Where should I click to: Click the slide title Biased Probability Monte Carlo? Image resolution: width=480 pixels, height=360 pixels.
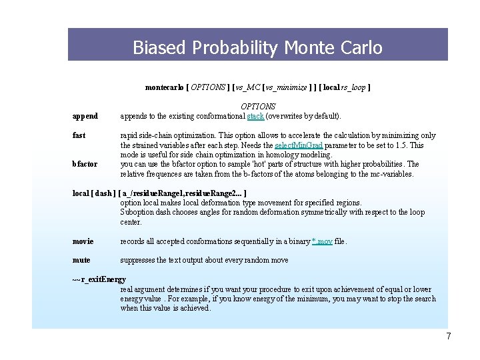(257, 48)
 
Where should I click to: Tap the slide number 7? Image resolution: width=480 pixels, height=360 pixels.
(449, 337)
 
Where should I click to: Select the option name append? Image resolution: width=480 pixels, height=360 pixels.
(85, 116)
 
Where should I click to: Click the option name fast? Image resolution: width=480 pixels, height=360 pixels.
(79, 135)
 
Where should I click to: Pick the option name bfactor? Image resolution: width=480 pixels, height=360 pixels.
(85, 164)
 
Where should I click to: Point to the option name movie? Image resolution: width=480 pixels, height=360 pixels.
(83, 241)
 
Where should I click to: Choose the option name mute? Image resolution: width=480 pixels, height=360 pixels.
(81, 260)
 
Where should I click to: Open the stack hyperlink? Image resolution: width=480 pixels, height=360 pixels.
(255, 116)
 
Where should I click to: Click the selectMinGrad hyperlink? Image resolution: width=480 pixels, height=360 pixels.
(299, 145)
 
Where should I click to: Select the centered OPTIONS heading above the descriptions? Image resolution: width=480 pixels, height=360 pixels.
(258, 106)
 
